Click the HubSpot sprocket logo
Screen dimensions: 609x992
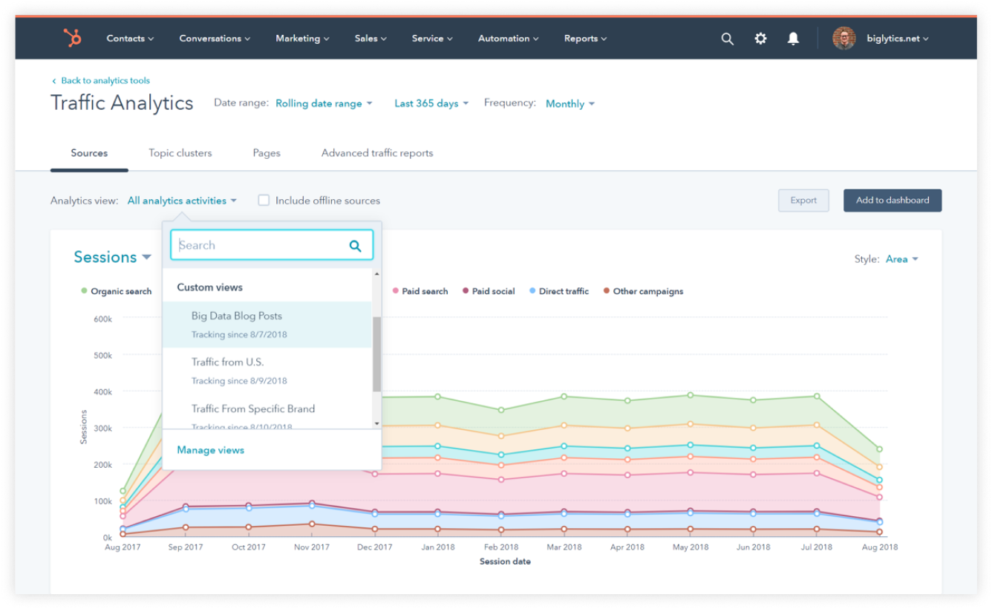(x=72, y=39)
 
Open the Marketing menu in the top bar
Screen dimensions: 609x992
(x=302, y=39)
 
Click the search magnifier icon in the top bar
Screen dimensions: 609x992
(x=727, y=39)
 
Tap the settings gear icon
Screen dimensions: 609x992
(x=760, y=39)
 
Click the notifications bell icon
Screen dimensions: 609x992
(x=793, y=39)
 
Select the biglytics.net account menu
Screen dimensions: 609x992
(x=897, y=39)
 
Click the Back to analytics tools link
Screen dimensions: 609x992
(x=105, y=80)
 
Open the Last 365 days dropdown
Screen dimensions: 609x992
(x=431, y=104)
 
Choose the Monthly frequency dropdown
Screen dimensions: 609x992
(x=570, y=104)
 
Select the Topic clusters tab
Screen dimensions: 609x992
(x=180, y=153)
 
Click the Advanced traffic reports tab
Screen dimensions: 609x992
(x=376, y=153)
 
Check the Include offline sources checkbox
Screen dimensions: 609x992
(x=264, y=201)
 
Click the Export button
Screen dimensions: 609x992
(x=803, y=201)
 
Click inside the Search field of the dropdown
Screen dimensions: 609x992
(x=260, y=245)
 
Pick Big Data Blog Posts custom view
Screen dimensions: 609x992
(x=236, y=316)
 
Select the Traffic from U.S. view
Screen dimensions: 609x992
(x=227, y=362)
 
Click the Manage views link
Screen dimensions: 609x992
(x=210, y=450)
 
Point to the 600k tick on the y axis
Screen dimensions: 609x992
(x=102, y=319)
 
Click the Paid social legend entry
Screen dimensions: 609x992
(x=492, y=291)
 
